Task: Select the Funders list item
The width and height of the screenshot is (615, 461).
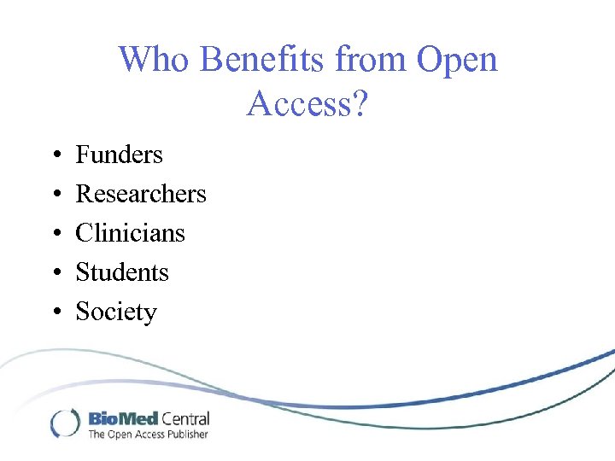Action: (x=119, y=155)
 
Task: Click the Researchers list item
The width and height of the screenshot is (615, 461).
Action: (x=141, y=194)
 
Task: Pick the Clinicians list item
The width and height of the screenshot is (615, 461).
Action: (x=130, y=233)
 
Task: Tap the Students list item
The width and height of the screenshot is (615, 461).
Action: (x=122, y=272)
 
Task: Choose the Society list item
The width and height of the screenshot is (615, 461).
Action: (x=116, y=312)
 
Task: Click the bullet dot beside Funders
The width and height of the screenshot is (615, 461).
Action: (x=55, y=155)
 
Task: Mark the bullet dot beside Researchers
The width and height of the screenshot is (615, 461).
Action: (x=55, y=195)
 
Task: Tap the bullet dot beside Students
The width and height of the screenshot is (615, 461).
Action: (x=55, y=273)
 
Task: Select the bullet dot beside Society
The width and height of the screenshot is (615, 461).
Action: (x=55, y=312)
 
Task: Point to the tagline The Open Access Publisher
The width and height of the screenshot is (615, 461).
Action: (x=148, y=435)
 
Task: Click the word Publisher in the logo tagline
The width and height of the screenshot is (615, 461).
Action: (x=187, y=435)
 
